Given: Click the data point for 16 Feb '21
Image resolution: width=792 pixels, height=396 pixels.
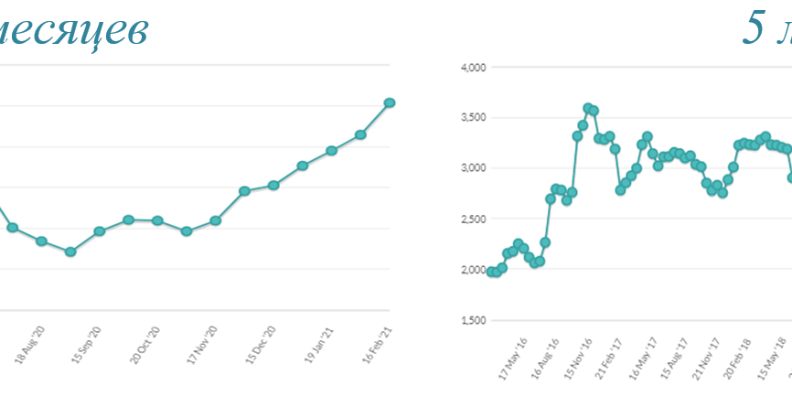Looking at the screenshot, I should coord(390,102).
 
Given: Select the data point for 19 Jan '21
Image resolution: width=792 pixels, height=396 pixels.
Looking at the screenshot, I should coord(331,150).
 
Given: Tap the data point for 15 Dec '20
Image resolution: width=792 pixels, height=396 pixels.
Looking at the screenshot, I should coord(273,186).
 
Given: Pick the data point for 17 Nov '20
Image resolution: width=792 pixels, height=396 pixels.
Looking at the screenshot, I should coord(216,220).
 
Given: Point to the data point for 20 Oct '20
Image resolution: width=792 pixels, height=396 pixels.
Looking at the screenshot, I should coord(157,220).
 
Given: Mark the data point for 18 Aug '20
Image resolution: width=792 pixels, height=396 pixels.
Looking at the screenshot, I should coord(41,241).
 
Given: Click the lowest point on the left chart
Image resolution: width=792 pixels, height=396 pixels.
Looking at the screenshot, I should coord(70,252).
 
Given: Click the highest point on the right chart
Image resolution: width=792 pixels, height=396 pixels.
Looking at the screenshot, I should coord(588,108).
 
